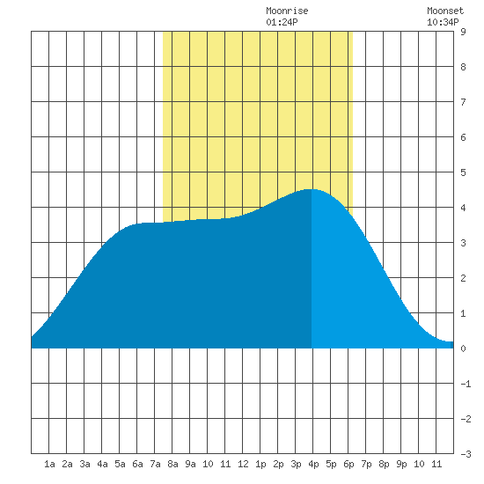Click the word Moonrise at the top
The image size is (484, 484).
287,11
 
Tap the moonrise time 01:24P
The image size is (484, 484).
282,22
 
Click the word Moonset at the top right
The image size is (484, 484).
445,11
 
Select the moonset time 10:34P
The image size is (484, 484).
443,22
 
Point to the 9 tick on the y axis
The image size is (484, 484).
463,32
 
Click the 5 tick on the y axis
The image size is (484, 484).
463,172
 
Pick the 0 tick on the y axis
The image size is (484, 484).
463,348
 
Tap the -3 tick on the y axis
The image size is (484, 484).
466,454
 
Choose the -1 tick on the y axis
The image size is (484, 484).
466,384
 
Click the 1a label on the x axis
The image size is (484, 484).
49,464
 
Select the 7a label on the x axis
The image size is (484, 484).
155,464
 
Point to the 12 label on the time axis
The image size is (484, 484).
243,464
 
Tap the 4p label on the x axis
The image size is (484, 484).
313,464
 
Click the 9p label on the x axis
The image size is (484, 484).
401,464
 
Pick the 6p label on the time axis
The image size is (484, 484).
348,464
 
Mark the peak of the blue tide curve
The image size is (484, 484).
312,189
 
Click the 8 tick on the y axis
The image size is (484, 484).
463,67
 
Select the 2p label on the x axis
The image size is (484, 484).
278,464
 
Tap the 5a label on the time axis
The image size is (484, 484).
120,464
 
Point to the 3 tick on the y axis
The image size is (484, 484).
463,243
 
